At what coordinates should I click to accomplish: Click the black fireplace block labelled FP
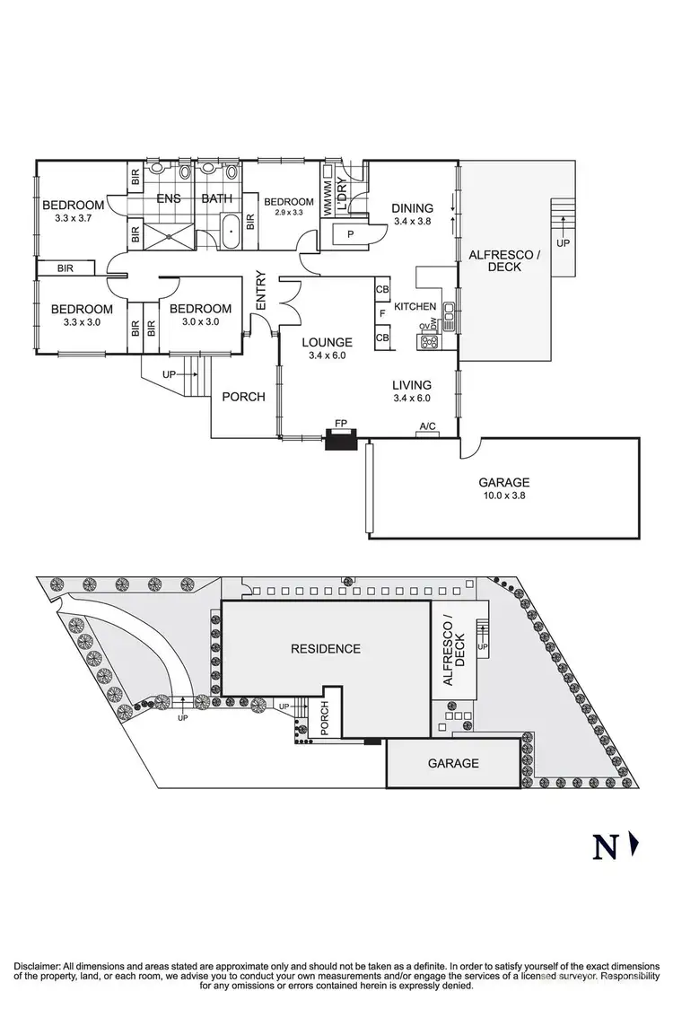point(342,440)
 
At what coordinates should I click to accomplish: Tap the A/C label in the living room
point(427,427)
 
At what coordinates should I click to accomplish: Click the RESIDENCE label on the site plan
point(325,648)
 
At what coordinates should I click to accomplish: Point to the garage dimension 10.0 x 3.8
point(503,494)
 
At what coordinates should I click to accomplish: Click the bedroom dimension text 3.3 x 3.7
point(74,217)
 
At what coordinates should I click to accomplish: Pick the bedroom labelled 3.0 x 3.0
point(201,320)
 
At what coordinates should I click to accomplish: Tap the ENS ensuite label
point(170,198)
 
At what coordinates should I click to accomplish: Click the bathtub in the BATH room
point(232,233)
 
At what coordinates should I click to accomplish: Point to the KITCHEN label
point(415,306)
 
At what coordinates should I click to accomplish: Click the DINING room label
point(413,207)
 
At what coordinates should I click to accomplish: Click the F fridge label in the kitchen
point(382,313)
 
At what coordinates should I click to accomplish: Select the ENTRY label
point(262,292)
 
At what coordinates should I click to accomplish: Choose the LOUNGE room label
point(327,342)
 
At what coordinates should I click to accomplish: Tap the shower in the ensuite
point(169,233)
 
